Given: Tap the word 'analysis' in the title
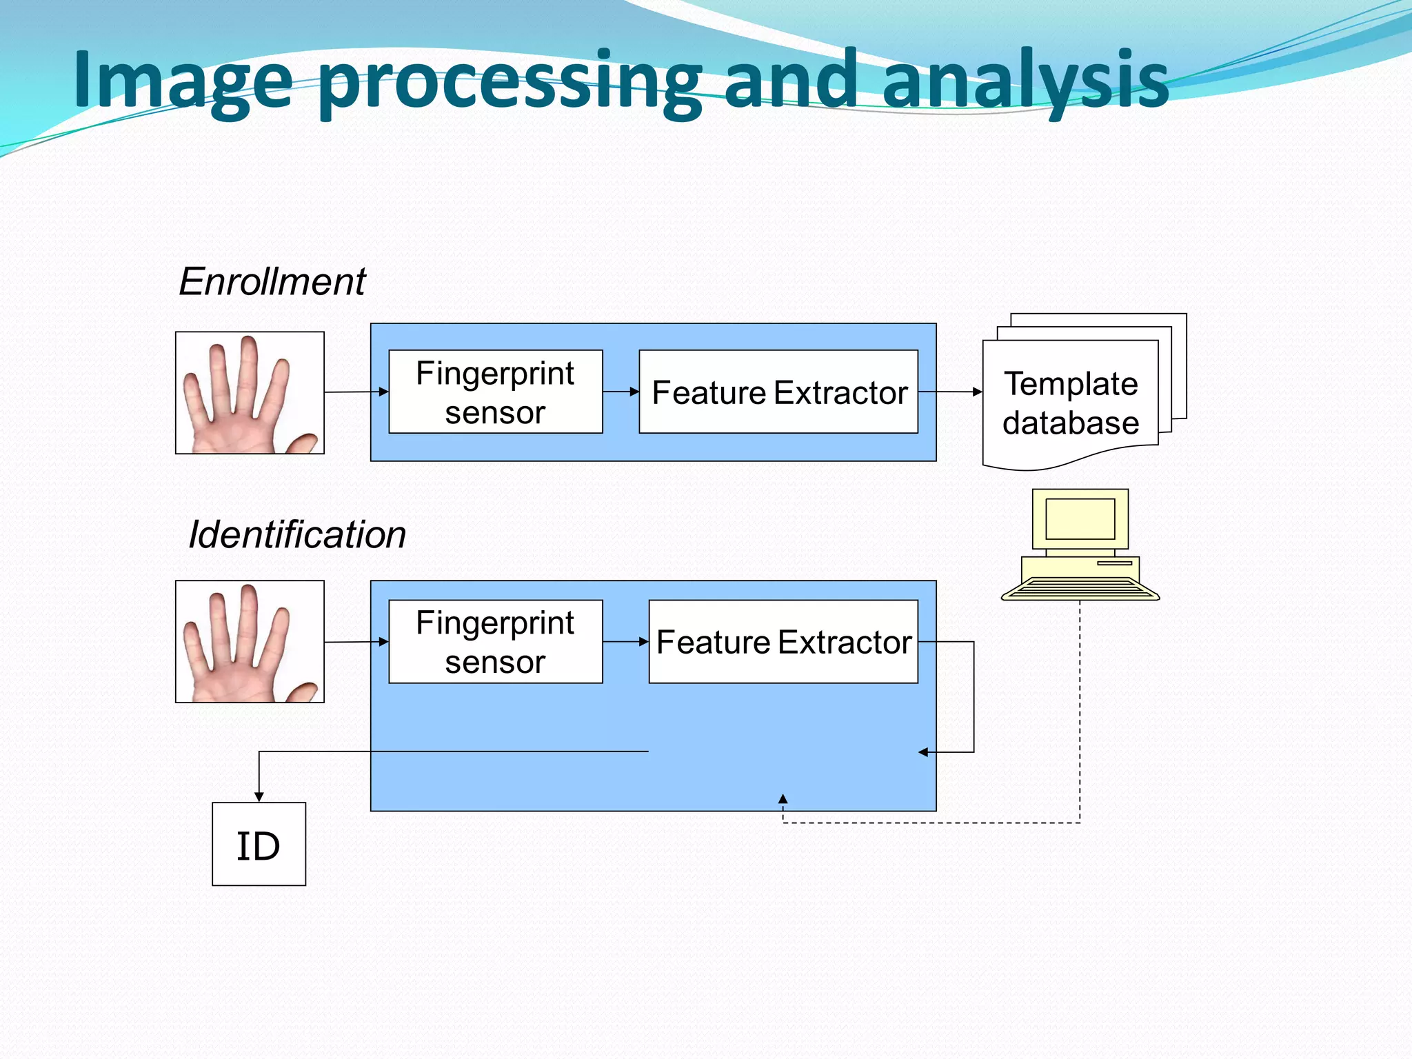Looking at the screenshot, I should [x=1025, y=81].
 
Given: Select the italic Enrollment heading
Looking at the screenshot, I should [x=272, y=281].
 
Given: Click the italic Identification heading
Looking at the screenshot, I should [x=297, y=534].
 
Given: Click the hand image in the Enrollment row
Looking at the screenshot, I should [x=250, y=393].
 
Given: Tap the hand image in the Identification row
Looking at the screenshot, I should [x=250, y=641].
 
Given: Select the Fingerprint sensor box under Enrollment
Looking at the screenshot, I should [x=495, y=392].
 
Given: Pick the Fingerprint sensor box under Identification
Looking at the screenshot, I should [x=495, y=641].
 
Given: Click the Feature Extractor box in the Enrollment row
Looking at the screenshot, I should [x=778, y=392].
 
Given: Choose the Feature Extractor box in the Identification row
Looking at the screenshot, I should [x=783, y=641].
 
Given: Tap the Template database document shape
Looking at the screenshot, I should [x=1070, y=403].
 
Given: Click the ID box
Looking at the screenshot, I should [x=259, y=844].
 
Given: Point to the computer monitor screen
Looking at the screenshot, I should [x=1080, y=518].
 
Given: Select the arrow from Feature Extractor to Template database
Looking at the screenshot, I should [x=950, y=392].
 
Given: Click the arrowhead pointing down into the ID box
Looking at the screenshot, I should [x=259, y=796].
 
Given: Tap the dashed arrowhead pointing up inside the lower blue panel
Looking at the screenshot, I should [x=783, y=800].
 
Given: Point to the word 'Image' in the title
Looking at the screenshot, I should [x=183, y=81].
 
